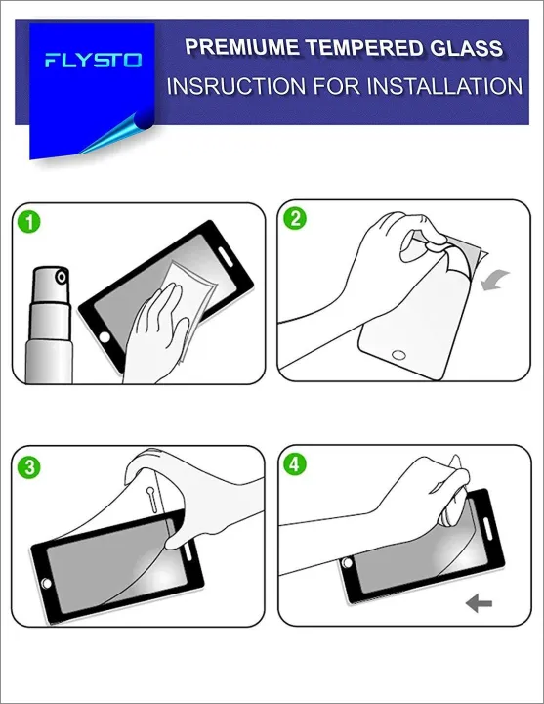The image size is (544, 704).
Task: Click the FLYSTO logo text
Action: coord(94,60)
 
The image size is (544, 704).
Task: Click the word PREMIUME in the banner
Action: coord(242,47)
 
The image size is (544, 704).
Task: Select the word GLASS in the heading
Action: coord(467,48)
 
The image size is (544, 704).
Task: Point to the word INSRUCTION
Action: coord(236,86)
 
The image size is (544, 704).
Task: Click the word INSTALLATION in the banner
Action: coord(445,86)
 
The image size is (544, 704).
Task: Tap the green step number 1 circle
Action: coord(29,222)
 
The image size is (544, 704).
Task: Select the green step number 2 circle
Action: coord(295,219)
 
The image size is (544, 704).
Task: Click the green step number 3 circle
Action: coord(29,467)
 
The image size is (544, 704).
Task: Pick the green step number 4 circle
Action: coord(295,464)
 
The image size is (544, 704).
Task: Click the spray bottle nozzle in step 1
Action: coord(61,277)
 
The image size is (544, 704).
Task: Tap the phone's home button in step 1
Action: coord(105,336)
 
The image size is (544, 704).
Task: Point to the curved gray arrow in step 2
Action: coord(495,280)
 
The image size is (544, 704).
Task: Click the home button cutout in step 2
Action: coord(398,355)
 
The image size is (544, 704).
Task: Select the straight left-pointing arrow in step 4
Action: coord(479,603)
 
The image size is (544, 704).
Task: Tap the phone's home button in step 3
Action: coord(46,583)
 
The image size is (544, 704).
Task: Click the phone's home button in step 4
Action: coord(347,562)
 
